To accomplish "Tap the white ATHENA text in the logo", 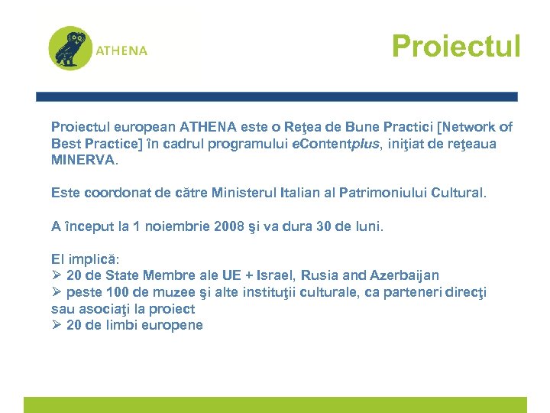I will (121, 51).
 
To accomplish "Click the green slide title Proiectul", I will (455, 46).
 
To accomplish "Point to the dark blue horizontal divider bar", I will (277, 97).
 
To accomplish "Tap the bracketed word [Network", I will (463, 127).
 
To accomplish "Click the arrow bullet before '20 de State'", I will (57, 275).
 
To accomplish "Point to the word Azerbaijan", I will (404, 275).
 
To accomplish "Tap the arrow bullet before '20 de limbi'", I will (57, 325).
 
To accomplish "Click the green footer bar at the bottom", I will (275, 405).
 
